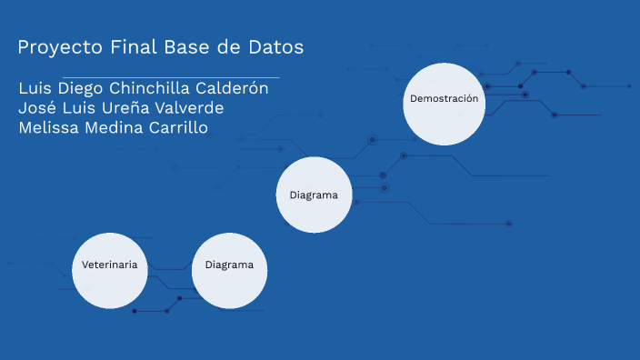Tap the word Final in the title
133,46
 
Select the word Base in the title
190,46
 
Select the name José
37,108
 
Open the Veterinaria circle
110,270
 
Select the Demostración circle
444,103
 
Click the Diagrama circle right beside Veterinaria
229,270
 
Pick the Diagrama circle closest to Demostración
314,195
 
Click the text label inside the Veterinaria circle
110,265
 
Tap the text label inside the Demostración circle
444,98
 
